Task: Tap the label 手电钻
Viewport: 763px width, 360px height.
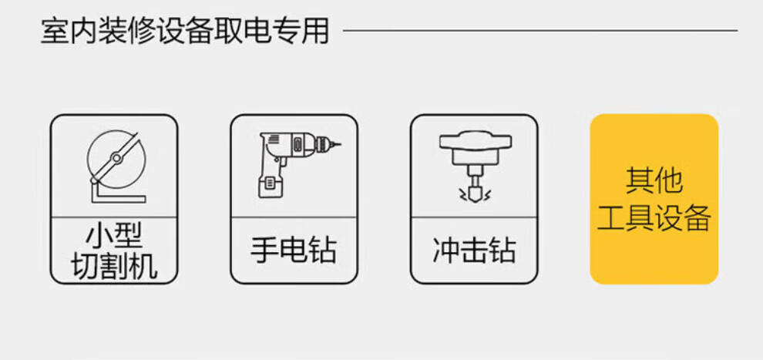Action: [294, 251]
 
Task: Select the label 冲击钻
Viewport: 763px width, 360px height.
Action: [473, 251]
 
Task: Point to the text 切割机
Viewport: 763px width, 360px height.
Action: [114, 266]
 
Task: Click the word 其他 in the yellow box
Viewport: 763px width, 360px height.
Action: [654, 181]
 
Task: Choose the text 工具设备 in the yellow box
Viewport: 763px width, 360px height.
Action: [654, 219]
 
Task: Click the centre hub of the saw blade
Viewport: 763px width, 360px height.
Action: [115, 157]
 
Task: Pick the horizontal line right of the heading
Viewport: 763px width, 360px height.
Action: [539, 31]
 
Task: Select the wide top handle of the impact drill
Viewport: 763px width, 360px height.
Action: [473, 141]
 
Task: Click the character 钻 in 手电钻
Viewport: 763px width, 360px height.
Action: [323, 251]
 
